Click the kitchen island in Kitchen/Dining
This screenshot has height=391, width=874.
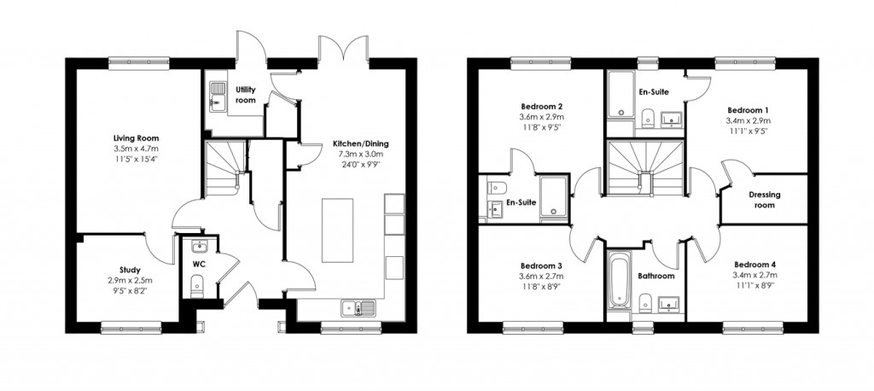[x=334, y=231]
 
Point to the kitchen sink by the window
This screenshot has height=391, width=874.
[x=353, y=308]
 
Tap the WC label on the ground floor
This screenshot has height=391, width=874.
[x=199, y=265]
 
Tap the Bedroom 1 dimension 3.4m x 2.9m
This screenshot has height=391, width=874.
[x=748, y=121]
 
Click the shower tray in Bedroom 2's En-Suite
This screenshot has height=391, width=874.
[x=551, y=196]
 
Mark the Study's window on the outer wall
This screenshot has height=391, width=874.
[x=125, y=324]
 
